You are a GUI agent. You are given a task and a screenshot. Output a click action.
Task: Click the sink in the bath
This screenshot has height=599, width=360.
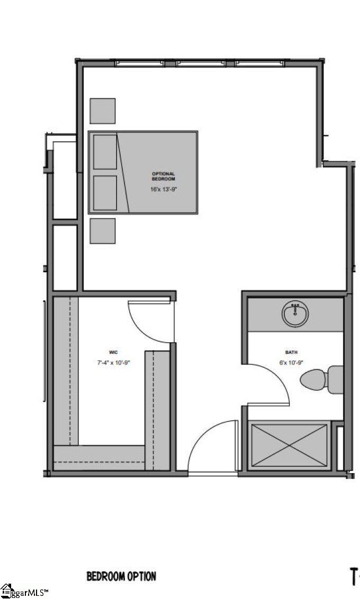pyautogui.click(x=295, y=315)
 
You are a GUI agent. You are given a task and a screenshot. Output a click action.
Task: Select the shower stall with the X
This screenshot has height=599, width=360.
pyautogui.click(x=289, y=445)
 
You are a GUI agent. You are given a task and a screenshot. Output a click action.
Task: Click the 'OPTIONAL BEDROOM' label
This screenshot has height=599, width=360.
pyautogui.click(x=163, y=176)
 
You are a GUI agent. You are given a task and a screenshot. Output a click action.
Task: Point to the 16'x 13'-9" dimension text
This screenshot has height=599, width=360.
pyautogui.click(x=163, y=188)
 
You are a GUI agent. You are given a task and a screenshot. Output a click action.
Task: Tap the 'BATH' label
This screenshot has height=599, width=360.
pyautogui.click(x=292, y=352)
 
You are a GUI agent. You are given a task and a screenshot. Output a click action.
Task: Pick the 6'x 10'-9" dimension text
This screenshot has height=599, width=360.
pyautogui.click(x=292, y=363)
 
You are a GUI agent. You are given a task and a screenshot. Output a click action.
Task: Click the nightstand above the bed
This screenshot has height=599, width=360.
pyautogui.click(x=103, y=111)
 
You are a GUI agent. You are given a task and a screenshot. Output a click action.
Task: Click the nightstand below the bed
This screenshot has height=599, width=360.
pyautogui.click(x=103, y=231)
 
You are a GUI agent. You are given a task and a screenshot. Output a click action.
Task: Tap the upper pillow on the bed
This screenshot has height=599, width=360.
pyautogui.click(x=105, y=152)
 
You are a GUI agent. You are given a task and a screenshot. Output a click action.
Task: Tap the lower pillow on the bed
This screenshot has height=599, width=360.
pyautogui.click(x=105, y=193)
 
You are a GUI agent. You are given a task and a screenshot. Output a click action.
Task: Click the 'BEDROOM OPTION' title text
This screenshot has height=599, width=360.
pyautogui.click(x=121, y=576)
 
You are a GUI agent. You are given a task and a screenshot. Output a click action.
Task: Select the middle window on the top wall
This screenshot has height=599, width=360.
pyautogui.click(x=201, y=63)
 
